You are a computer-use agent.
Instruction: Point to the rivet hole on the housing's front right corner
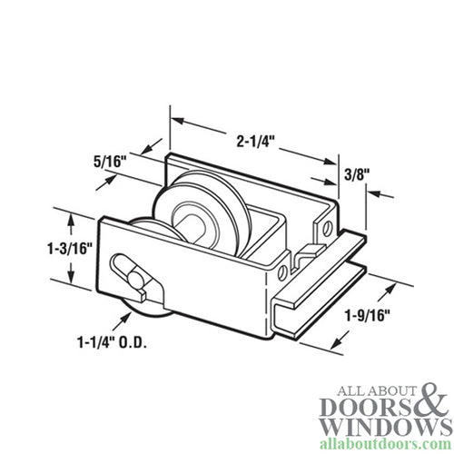click(x=281, y=269)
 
